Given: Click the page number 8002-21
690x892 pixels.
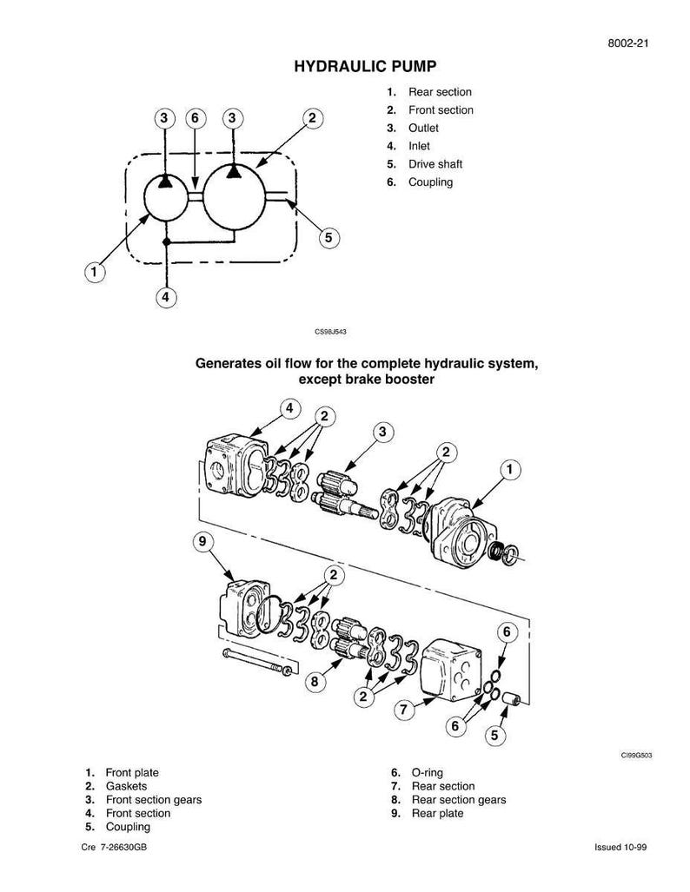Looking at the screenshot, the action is [628, 43].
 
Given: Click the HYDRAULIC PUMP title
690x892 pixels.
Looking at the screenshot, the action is [365, 67].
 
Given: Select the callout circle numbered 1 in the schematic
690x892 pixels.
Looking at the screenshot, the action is [95, 271].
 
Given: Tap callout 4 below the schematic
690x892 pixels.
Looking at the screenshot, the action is [166, 297].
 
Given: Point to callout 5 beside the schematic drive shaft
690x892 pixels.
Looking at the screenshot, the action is [328, 237].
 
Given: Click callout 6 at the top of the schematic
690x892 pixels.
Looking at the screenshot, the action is [196, 118].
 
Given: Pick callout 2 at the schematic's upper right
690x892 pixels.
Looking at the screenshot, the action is [312, 118].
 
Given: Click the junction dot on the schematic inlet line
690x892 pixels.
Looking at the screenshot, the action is [166, 242].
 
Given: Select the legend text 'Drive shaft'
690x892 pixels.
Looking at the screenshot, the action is [435, 164].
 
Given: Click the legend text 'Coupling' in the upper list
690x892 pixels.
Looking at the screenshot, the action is [430, 182].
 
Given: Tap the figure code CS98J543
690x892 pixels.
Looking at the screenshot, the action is [330, 331].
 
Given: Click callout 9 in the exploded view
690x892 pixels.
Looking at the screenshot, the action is [203, 542].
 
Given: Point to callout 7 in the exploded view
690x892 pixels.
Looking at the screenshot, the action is [403, 709].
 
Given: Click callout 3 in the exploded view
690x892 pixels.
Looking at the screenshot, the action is [382, 433].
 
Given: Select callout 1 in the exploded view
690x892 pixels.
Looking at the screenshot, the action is [509, 469].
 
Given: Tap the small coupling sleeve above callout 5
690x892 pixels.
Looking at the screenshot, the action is [513, 698].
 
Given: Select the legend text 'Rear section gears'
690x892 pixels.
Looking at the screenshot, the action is [458, 800].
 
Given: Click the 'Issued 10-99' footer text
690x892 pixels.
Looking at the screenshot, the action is [620, 847].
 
